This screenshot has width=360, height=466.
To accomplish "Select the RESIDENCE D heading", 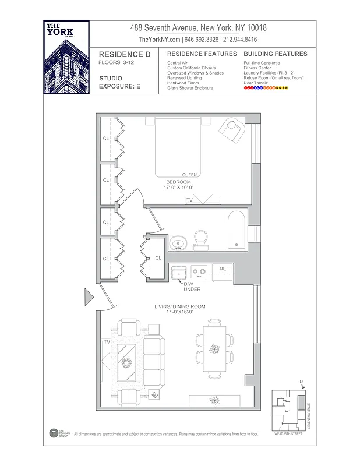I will coord(123,54).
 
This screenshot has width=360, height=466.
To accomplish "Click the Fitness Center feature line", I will coord(258,68).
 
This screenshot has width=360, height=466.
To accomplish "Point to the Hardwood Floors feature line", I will coord(183,83).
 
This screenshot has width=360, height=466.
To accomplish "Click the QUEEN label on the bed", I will coord(189,175).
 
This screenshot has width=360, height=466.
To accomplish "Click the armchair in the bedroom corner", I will coord(234,130).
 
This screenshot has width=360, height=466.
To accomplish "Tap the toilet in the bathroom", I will coord(202,239).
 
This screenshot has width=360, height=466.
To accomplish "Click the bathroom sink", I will coord(179,242).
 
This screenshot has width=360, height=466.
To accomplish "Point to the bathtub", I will coord(237,230).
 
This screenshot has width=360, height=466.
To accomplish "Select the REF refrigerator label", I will coord(224,269).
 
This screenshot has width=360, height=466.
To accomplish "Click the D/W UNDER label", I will coord(192,287).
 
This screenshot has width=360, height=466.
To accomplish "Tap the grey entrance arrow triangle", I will coord(89,297).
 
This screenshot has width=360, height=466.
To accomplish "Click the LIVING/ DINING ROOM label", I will coord(179,306).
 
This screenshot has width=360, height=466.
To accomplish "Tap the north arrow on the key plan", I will coord(302,384).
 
